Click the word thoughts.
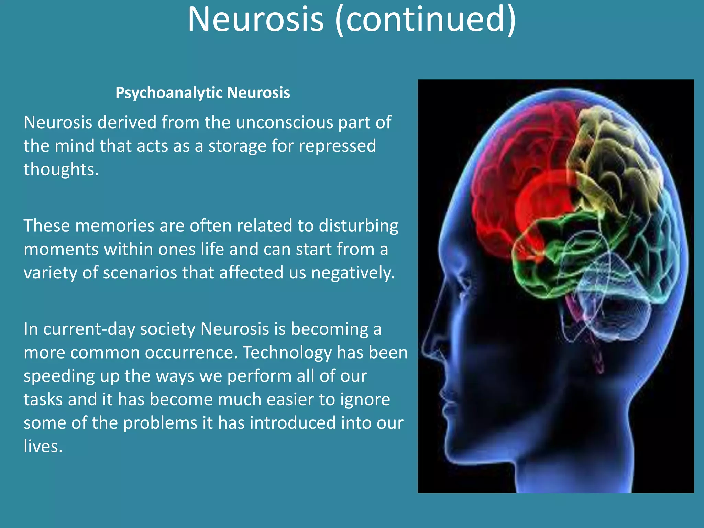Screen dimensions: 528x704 coord(61,169)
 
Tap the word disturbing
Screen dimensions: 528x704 coord(358,226)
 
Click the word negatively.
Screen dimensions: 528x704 coord(353,273)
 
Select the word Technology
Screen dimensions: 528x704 coord(287,353)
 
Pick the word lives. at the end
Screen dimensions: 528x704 coord(43,447)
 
